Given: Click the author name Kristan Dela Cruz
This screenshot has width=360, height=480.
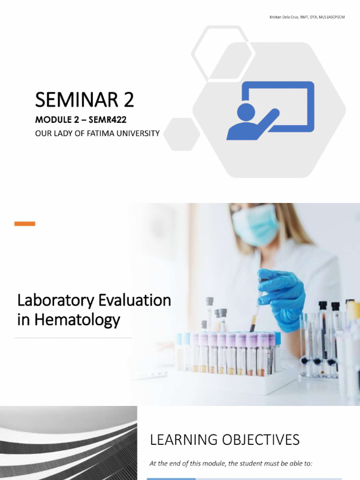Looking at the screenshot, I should (286, 17).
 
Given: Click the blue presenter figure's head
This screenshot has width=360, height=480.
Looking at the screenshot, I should (246, 112).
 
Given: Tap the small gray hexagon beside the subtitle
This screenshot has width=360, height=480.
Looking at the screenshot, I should (181, 134).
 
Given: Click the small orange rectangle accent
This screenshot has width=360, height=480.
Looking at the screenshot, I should (25, 224).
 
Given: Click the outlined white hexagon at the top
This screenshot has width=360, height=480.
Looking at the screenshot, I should (223, 53).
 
